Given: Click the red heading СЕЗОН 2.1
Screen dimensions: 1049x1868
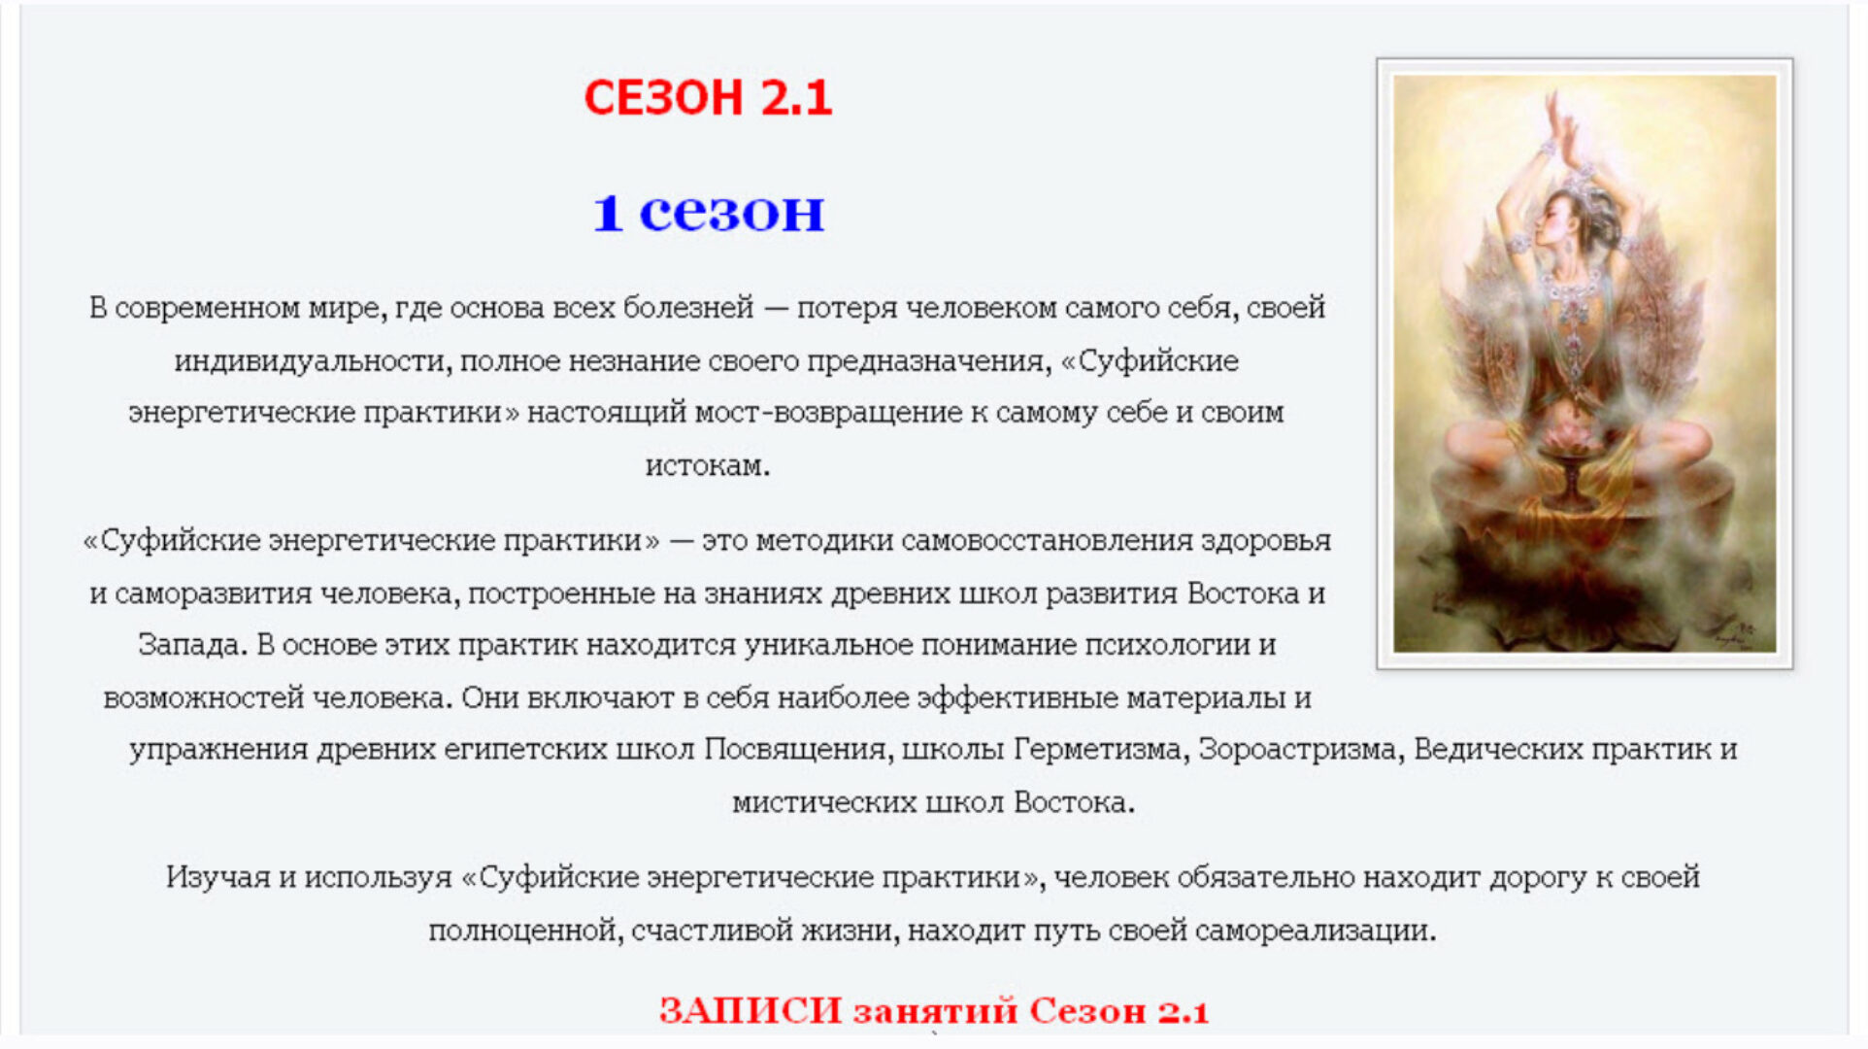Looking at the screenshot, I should [707, 98].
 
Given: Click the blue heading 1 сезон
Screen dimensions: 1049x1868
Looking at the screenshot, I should [708, 212].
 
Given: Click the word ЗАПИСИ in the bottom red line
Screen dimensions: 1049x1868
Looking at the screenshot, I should [750, 1011].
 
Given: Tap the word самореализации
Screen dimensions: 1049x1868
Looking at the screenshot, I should [1315, 931].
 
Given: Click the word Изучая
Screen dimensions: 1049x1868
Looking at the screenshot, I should [217, 877].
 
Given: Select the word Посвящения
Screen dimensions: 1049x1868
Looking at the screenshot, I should [795, 750].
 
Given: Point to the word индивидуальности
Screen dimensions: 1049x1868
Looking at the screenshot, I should [313, 361].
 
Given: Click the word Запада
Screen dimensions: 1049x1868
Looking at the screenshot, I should [191, 645].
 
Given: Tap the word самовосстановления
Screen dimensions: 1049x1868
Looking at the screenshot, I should [1047, 541].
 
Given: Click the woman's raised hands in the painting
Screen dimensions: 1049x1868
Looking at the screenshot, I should [1564, 121].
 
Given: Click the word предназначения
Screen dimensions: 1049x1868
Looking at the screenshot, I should [929, 361].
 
